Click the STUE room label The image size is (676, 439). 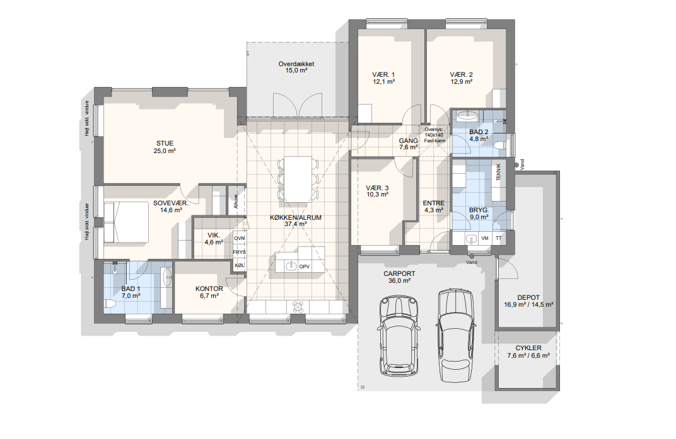pos(165,144)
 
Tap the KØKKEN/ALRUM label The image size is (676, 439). pos(296,217)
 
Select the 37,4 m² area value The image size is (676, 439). pos(296,224)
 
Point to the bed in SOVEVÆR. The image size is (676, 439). pos(126,222)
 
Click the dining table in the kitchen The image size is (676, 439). pos(297,180)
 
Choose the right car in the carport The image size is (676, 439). pos(456,335)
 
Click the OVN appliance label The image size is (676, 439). pos(239,238)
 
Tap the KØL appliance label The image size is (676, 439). pos(239,265)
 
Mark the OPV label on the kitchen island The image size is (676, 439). pos(305,266)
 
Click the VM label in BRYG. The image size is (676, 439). pos(485,238)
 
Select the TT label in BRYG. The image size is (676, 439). pos(499,238)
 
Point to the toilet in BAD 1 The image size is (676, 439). pos(110,304)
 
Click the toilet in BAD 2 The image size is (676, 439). pos(500,145)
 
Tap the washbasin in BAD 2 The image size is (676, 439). pos(467,115)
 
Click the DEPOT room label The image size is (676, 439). pos(528,298)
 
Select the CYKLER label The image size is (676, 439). pos(528,348)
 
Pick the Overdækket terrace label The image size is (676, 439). pos(296,64)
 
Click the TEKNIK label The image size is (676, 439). pos(498,171)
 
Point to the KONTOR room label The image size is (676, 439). pos(209,289)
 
